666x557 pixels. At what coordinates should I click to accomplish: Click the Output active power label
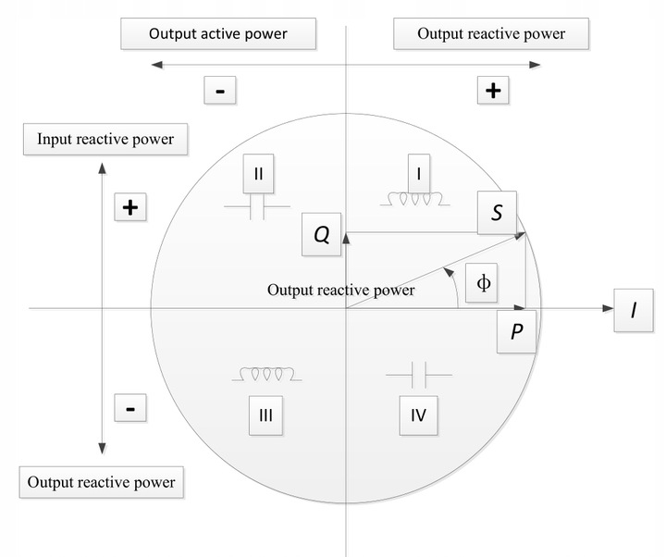coord(217,34)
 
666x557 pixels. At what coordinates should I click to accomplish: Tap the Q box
coord(321,235)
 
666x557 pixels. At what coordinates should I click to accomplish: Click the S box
coord(498,213)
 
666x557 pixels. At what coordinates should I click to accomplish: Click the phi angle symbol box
coord(482,281)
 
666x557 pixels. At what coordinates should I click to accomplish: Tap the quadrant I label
coord(420,173)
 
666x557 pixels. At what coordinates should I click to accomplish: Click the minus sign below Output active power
coord(222,91)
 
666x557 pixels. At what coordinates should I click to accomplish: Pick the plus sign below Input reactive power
coord(130,207)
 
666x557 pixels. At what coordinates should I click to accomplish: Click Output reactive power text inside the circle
coord(340,290)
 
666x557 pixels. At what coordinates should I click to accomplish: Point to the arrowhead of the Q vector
coord(346,238)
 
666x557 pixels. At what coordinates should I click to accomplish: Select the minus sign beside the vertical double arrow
coord(130,408)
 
